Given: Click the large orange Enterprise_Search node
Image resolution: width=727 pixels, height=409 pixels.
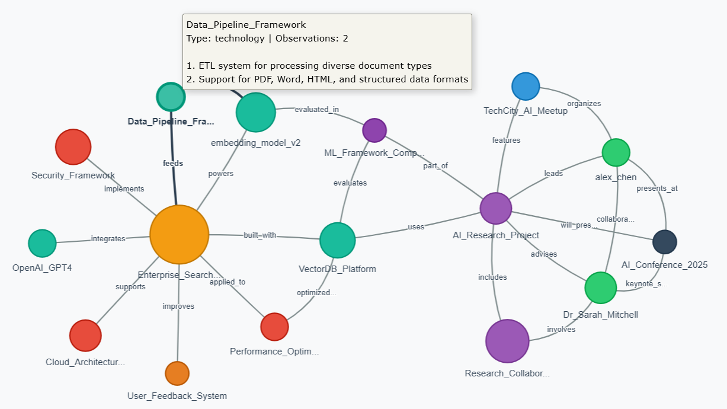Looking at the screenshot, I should pos(180,235).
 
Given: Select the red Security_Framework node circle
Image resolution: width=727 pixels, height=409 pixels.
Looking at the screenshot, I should pos(73,146).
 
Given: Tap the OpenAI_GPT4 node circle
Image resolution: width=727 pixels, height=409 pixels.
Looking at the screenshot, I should pos(42,244).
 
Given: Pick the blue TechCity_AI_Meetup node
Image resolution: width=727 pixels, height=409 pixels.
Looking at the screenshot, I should pos(526,87).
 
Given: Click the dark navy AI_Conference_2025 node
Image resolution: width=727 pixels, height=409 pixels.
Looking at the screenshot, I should pos(664,242).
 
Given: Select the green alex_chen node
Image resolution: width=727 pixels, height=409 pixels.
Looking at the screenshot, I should pos(616,152).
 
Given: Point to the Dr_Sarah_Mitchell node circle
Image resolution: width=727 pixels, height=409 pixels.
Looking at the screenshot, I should pos(601,288).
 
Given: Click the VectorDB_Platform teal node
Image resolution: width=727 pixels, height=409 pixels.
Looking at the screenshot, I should pos(337,241).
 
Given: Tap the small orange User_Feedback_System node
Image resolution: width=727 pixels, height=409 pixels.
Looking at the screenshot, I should pos(177,373).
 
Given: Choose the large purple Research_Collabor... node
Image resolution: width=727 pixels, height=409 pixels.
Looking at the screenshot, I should pos(507,341).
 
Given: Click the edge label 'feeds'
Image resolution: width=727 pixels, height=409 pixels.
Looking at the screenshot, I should pos(173,163).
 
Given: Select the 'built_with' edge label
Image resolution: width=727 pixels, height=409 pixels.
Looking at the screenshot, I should pos(260,235).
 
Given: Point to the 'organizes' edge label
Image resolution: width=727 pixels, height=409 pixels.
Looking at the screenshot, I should pos(584,104).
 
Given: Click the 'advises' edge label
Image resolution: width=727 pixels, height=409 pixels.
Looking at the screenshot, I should pos(543,254).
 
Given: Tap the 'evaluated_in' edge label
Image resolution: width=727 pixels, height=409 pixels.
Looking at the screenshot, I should pos(316,109).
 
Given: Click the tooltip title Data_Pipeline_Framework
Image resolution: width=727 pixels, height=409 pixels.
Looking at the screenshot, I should pos(246,25).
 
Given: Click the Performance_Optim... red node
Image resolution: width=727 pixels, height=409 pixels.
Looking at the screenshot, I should pos(274,327).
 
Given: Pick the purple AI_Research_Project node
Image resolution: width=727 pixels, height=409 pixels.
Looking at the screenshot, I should pos(495,208).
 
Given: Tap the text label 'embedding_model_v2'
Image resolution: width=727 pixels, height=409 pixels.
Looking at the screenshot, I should pos(255,143).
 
